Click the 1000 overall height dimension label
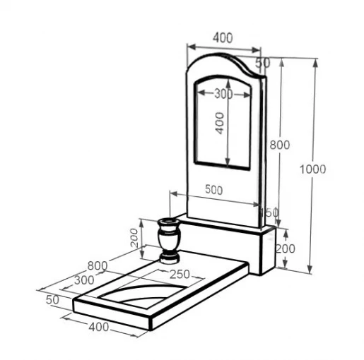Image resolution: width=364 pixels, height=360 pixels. pos(312,169)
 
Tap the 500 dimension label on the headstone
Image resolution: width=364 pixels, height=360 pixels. pos(213,190)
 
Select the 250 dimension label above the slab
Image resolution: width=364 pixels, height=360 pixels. pos(180,274)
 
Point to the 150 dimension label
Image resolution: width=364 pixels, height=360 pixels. pos(269,212)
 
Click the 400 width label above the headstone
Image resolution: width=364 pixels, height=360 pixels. pos(223,37)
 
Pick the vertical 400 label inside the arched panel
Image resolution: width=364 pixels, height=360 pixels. pos(220,123)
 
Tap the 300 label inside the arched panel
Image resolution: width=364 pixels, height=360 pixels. pos(223,95)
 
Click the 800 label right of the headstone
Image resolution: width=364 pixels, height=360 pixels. pos(280,145)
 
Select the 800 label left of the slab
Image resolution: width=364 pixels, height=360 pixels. pos(98,266)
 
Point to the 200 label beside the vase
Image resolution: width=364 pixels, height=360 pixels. pos(134,238)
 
